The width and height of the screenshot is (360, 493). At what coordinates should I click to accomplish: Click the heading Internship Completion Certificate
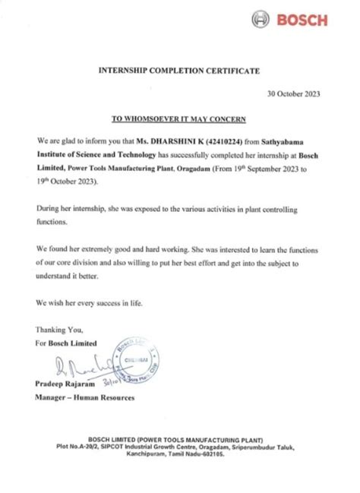[x=179, y=70]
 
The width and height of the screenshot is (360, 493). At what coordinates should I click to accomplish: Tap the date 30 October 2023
[x=293, y=94]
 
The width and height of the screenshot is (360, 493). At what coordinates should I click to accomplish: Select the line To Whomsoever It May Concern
[x=179, y=119]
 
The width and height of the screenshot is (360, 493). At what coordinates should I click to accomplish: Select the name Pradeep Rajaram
[x=65, y=386]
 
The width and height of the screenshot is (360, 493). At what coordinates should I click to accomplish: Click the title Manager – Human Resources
[x=84, y=397]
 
